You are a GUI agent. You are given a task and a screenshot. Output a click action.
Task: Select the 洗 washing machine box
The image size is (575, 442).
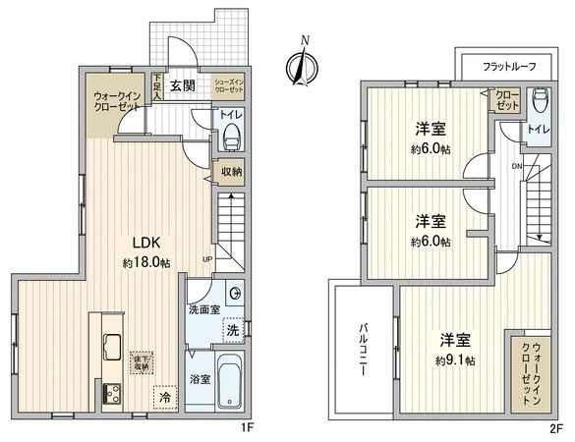click(x=232, y=331)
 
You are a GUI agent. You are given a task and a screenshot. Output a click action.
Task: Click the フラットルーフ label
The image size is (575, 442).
click(x=507, y=67)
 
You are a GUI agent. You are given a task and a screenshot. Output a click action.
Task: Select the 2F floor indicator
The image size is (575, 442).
click(x=555, y=428)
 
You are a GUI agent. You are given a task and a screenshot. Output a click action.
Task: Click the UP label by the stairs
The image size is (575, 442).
click(x=206, y=259)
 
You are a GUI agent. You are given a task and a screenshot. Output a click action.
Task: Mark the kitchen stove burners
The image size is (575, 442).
click(x=108, y=395)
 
